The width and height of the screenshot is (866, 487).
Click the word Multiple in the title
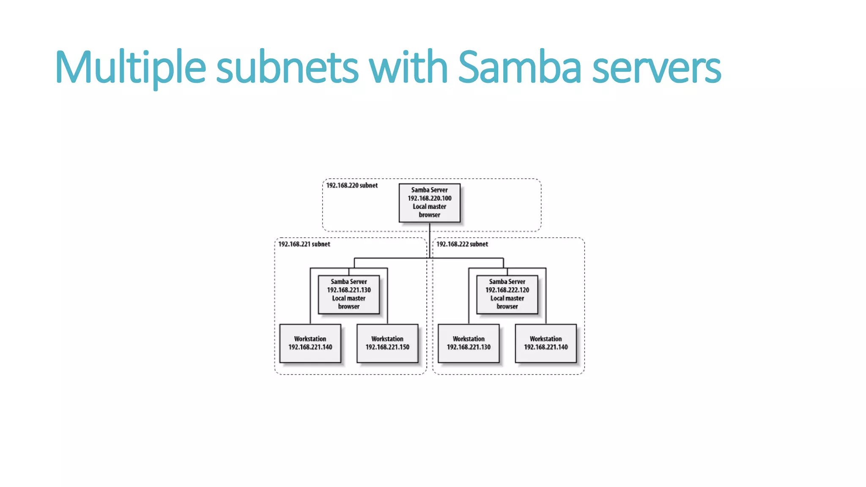[130, 68]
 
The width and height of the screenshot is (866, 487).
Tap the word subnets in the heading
[287, 68]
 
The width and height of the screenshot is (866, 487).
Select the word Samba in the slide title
[519, 68]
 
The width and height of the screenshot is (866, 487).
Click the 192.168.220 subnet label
[352, 186]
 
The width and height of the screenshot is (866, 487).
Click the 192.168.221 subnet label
[304, 244]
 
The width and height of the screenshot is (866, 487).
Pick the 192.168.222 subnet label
[462, 244]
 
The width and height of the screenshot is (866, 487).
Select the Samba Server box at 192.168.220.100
[429, 202]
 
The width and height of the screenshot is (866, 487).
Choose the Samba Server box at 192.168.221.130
[348, 294]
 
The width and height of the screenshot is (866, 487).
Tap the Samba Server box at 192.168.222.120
[507, 294]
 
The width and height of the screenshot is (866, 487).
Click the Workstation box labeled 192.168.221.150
[387, 343]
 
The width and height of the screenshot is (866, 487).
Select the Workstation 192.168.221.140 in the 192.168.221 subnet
[310, 343]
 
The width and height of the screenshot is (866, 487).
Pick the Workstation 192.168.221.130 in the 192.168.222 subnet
[469, 343]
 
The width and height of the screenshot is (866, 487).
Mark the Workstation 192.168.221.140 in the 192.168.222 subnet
[545, 343]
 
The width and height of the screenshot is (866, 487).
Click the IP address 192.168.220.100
[429, 198]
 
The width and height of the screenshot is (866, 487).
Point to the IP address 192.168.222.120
[507, 290]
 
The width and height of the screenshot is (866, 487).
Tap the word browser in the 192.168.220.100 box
[429, 215]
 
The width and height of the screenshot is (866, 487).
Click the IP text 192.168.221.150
[387, 347]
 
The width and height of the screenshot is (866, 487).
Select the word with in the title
[408, 68]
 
